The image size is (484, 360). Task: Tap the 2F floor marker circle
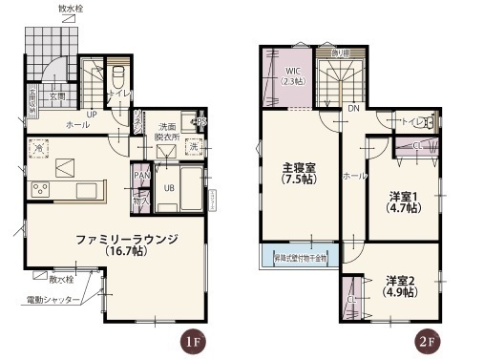click(426, 341)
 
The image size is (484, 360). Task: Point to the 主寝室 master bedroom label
click(299, 173)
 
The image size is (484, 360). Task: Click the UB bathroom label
click(168, 188)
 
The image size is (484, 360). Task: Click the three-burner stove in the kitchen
click(43, 187)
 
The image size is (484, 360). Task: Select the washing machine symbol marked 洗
click(193, 147)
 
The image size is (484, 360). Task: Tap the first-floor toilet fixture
click(118, 76)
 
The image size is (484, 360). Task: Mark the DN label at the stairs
click(352, 109)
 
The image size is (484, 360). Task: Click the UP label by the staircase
click(92, 115)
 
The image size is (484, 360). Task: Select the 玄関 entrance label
click(56, 96)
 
